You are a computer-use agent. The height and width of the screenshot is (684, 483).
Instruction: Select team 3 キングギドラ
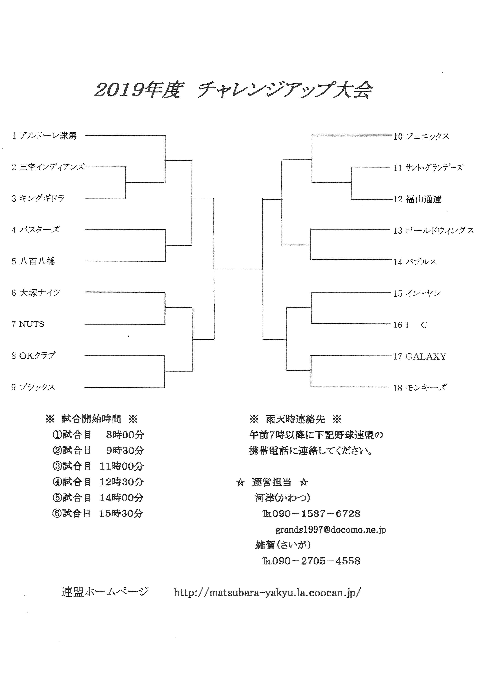coord(38,198)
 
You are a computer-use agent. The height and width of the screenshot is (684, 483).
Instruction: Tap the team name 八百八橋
coord(38,261)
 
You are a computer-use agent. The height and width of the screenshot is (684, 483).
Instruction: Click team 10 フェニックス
coord(421,136)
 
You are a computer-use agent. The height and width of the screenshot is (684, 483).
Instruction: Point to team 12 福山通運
coord(417,199)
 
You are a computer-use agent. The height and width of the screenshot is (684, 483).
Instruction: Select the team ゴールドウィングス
coord(440,230)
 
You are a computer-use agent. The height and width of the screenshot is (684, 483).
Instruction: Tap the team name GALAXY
coord(426,356)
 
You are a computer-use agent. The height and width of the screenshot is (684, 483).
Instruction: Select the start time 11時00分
coord(122,466)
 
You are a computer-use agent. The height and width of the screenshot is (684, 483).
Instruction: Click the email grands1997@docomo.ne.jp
coord(331,530)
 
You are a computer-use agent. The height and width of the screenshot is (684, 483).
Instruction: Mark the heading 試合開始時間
coord(91,419)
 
